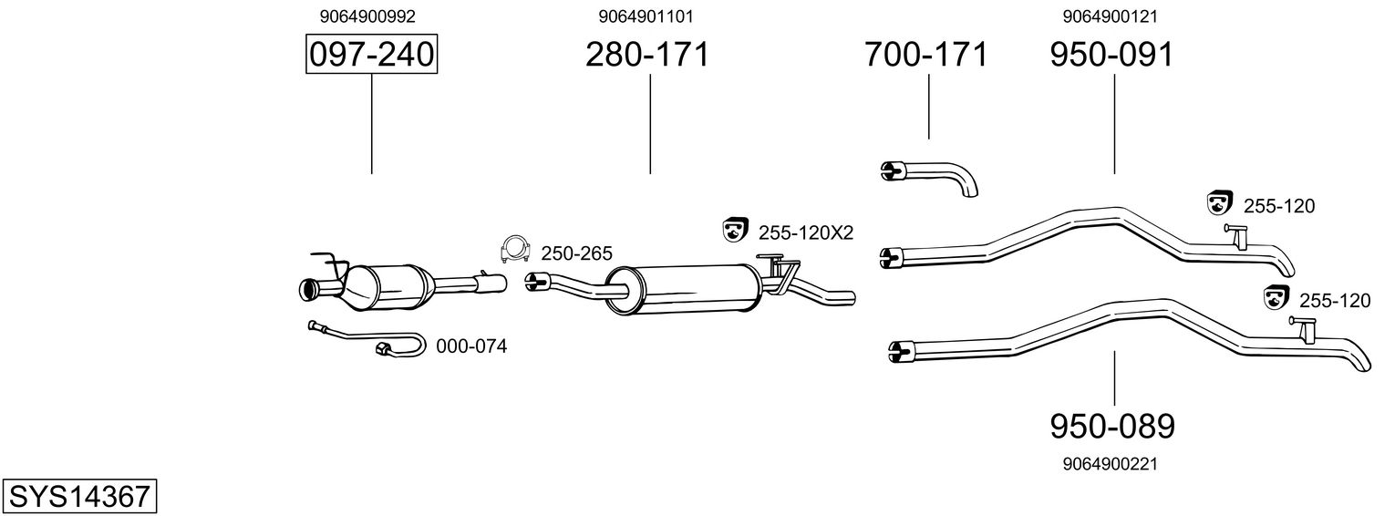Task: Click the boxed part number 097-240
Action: coord(371,56)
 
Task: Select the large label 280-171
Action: coord(646,56)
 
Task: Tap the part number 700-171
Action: coord(926,56)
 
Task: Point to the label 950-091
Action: coord(1111,56)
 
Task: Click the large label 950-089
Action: coord(1112,426)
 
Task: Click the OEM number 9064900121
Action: coord(1110,15)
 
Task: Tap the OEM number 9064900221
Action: coord(1110,464)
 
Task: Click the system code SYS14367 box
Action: coord(79,497)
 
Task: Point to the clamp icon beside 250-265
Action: coord(516,249)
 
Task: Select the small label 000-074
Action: coord(470,346)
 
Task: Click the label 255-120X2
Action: coord(805,233)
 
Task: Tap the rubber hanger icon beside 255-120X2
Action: coord(734,231)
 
